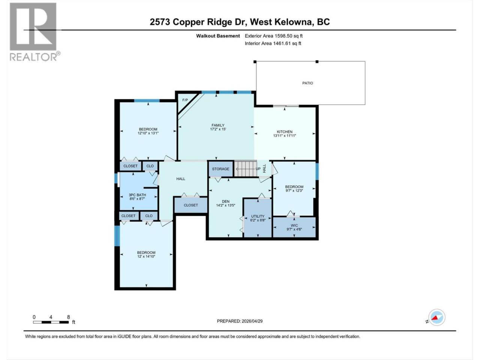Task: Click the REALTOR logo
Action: [35, 32]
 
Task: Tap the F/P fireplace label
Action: [185, 100]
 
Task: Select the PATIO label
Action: [307, 83]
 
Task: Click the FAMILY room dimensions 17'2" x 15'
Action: [218, 129]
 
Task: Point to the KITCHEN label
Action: [285, 132]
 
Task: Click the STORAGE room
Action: [220, 169]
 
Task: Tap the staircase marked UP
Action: [246, 169]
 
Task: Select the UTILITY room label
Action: [258, 216]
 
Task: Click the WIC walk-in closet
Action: [294, 227]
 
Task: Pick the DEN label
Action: [226, 201]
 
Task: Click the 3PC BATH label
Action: [137, 195]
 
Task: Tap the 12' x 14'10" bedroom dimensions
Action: [146, 256]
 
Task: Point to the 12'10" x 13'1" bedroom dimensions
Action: [148, 133]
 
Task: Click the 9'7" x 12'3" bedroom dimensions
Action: [294, 190]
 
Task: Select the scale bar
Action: [51, 322]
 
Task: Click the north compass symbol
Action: [437, 317]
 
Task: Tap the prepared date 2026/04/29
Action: [252, 321]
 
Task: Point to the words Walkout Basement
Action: [218, 36]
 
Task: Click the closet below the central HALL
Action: [191, 205]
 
